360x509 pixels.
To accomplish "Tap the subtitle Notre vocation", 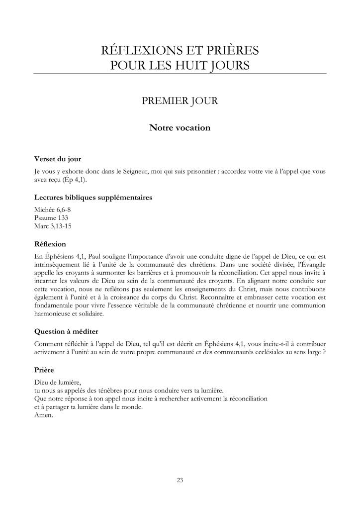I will tap(180, 128).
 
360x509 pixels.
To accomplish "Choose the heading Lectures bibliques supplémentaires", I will tap(93, 198).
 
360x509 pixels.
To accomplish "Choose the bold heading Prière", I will tap(44, 371).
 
